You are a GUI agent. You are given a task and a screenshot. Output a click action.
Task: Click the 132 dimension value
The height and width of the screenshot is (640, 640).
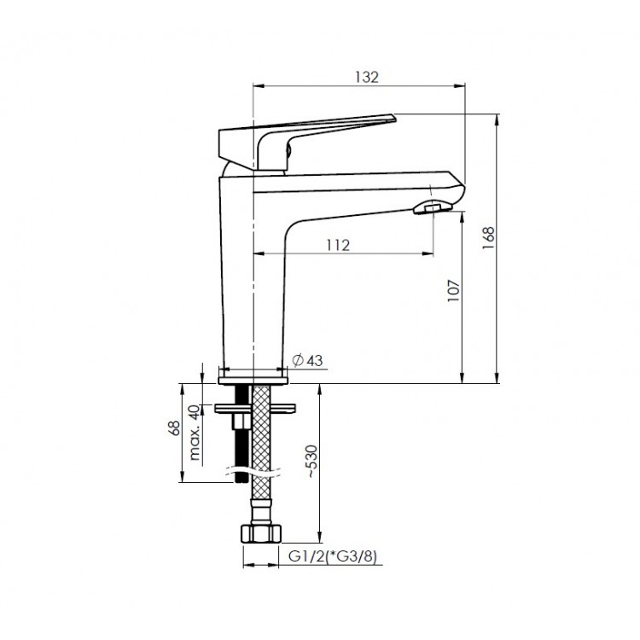point(367,77)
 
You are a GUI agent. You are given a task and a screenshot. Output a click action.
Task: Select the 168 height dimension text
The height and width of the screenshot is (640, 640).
point(488,238)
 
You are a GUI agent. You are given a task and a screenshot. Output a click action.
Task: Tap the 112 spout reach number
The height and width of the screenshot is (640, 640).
point(338,245)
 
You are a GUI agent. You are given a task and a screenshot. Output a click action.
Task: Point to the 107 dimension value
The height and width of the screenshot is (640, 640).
point(453,290)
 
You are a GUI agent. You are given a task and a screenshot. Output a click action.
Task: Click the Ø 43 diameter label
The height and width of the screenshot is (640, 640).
point(308,360)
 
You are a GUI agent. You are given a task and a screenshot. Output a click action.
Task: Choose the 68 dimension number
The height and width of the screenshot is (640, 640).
point(175,428)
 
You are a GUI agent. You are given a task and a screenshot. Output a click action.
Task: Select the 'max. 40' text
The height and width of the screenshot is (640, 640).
point(195,433)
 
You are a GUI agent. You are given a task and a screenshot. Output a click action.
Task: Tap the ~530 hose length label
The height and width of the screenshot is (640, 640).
point(311,461)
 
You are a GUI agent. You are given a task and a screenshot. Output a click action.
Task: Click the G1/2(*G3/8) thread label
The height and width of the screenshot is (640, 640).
point(332,556)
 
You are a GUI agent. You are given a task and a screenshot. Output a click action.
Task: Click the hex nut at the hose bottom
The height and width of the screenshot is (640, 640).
point(261,534)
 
